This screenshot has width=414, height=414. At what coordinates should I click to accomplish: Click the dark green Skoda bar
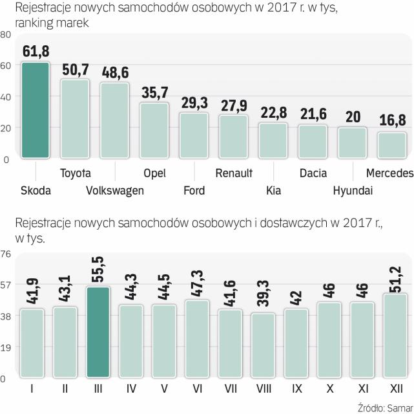pos(35,110)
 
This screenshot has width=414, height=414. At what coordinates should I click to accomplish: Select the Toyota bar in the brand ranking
pos(75,118)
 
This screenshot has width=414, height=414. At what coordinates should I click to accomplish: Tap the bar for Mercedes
pos(391,145)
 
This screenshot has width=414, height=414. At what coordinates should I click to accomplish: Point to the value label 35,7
pos(155,93)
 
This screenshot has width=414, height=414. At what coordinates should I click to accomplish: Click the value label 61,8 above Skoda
pos(36,51)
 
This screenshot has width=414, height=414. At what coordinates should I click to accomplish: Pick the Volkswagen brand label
pos(114,190)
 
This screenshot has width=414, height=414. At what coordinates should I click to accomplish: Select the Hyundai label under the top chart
pos(353,190)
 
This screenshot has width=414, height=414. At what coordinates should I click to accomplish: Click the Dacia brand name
pos(313,173)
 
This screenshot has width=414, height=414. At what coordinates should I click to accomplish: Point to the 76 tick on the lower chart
pos(5,254)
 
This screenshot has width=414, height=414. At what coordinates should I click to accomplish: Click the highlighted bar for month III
pos(98,332)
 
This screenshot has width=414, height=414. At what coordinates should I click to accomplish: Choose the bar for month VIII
pos(262,345)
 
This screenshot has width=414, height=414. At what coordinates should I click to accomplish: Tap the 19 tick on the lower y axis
pos(5,347)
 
